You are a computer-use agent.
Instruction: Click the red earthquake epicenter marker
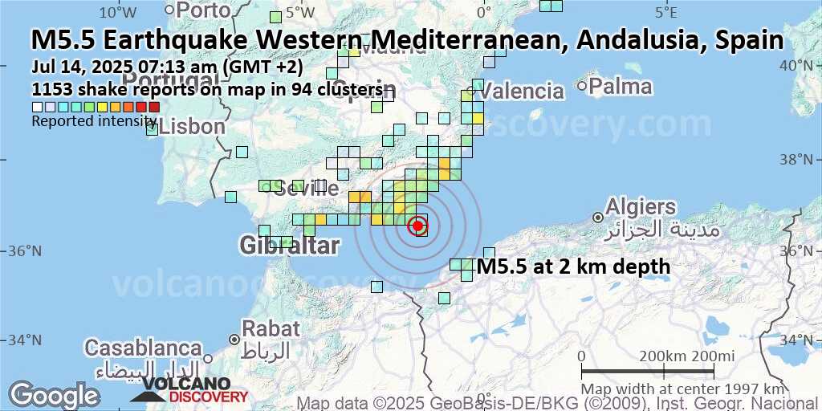[417, 226]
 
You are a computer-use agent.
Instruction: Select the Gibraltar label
[289, 246]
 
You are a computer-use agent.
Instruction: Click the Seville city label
[306, 189]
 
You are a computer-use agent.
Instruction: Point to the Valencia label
[525, 91]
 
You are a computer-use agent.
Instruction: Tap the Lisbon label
[193, 127]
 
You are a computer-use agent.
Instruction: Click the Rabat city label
[271, 328]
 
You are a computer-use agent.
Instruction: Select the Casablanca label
[144, 348]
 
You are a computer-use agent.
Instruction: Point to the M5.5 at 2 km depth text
[572, 267]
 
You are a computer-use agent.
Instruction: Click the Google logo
[53, 395]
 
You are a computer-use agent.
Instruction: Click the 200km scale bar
[648, 371]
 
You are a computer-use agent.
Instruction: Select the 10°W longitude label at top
[117, 12]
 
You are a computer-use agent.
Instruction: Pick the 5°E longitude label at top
[665, 12]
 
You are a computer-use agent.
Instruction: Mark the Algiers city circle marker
[598, 218]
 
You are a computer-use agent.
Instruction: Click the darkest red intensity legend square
[154, 107]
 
